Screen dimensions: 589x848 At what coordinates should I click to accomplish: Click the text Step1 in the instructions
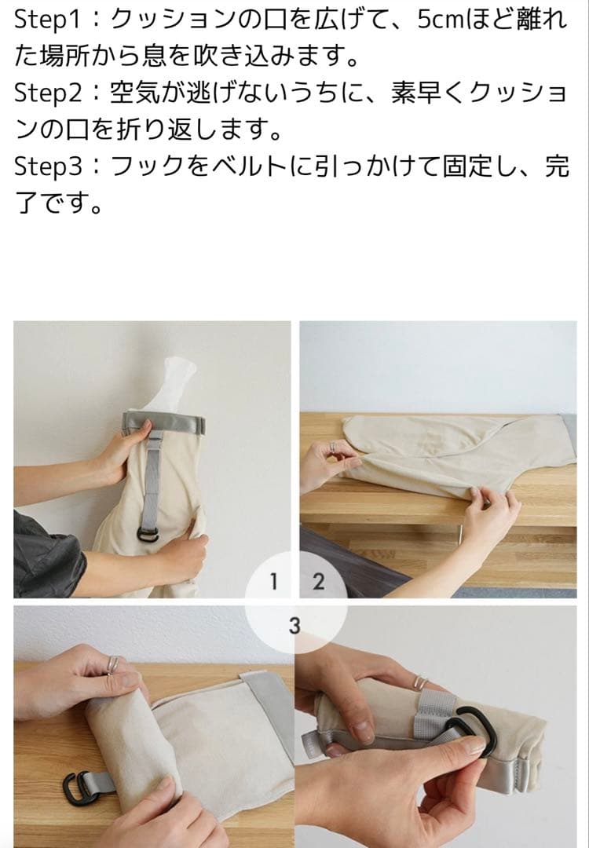[48, 20]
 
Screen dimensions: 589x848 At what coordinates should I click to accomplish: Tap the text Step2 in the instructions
[48, 93]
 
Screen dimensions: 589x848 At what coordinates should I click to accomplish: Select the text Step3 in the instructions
[48, 166]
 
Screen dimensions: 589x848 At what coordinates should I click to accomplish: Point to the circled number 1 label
[273, 582]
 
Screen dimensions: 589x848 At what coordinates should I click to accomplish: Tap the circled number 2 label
[319, 582]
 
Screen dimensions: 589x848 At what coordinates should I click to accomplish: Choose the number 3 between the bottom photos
[294, 627]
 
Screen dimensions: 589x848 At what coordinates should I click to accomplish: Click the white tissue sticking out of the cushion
[172, 385]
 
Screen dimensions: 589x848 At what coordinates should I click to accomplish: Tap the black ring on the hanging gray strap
[148, 535]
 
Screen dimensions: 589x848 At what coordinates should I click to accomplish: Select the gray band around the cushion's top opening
[164, 423]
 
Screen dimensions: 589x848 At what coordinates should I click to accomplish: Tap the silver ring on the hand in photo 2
[333, 448]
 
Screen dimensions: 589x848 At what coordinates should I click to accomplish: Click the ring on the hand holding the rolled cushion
[112, 664]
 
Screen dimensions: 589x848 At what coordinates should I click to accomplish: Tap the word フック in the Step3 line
[147, 166]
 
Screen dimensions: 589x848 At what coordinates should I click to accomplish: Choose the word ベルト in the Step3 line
[250, 166]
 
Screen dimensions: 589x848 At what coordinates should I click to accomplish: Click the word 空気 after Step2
[134, 93]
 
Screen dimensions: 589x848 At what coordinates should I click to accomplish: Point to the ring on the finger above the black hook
[420, 682]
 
